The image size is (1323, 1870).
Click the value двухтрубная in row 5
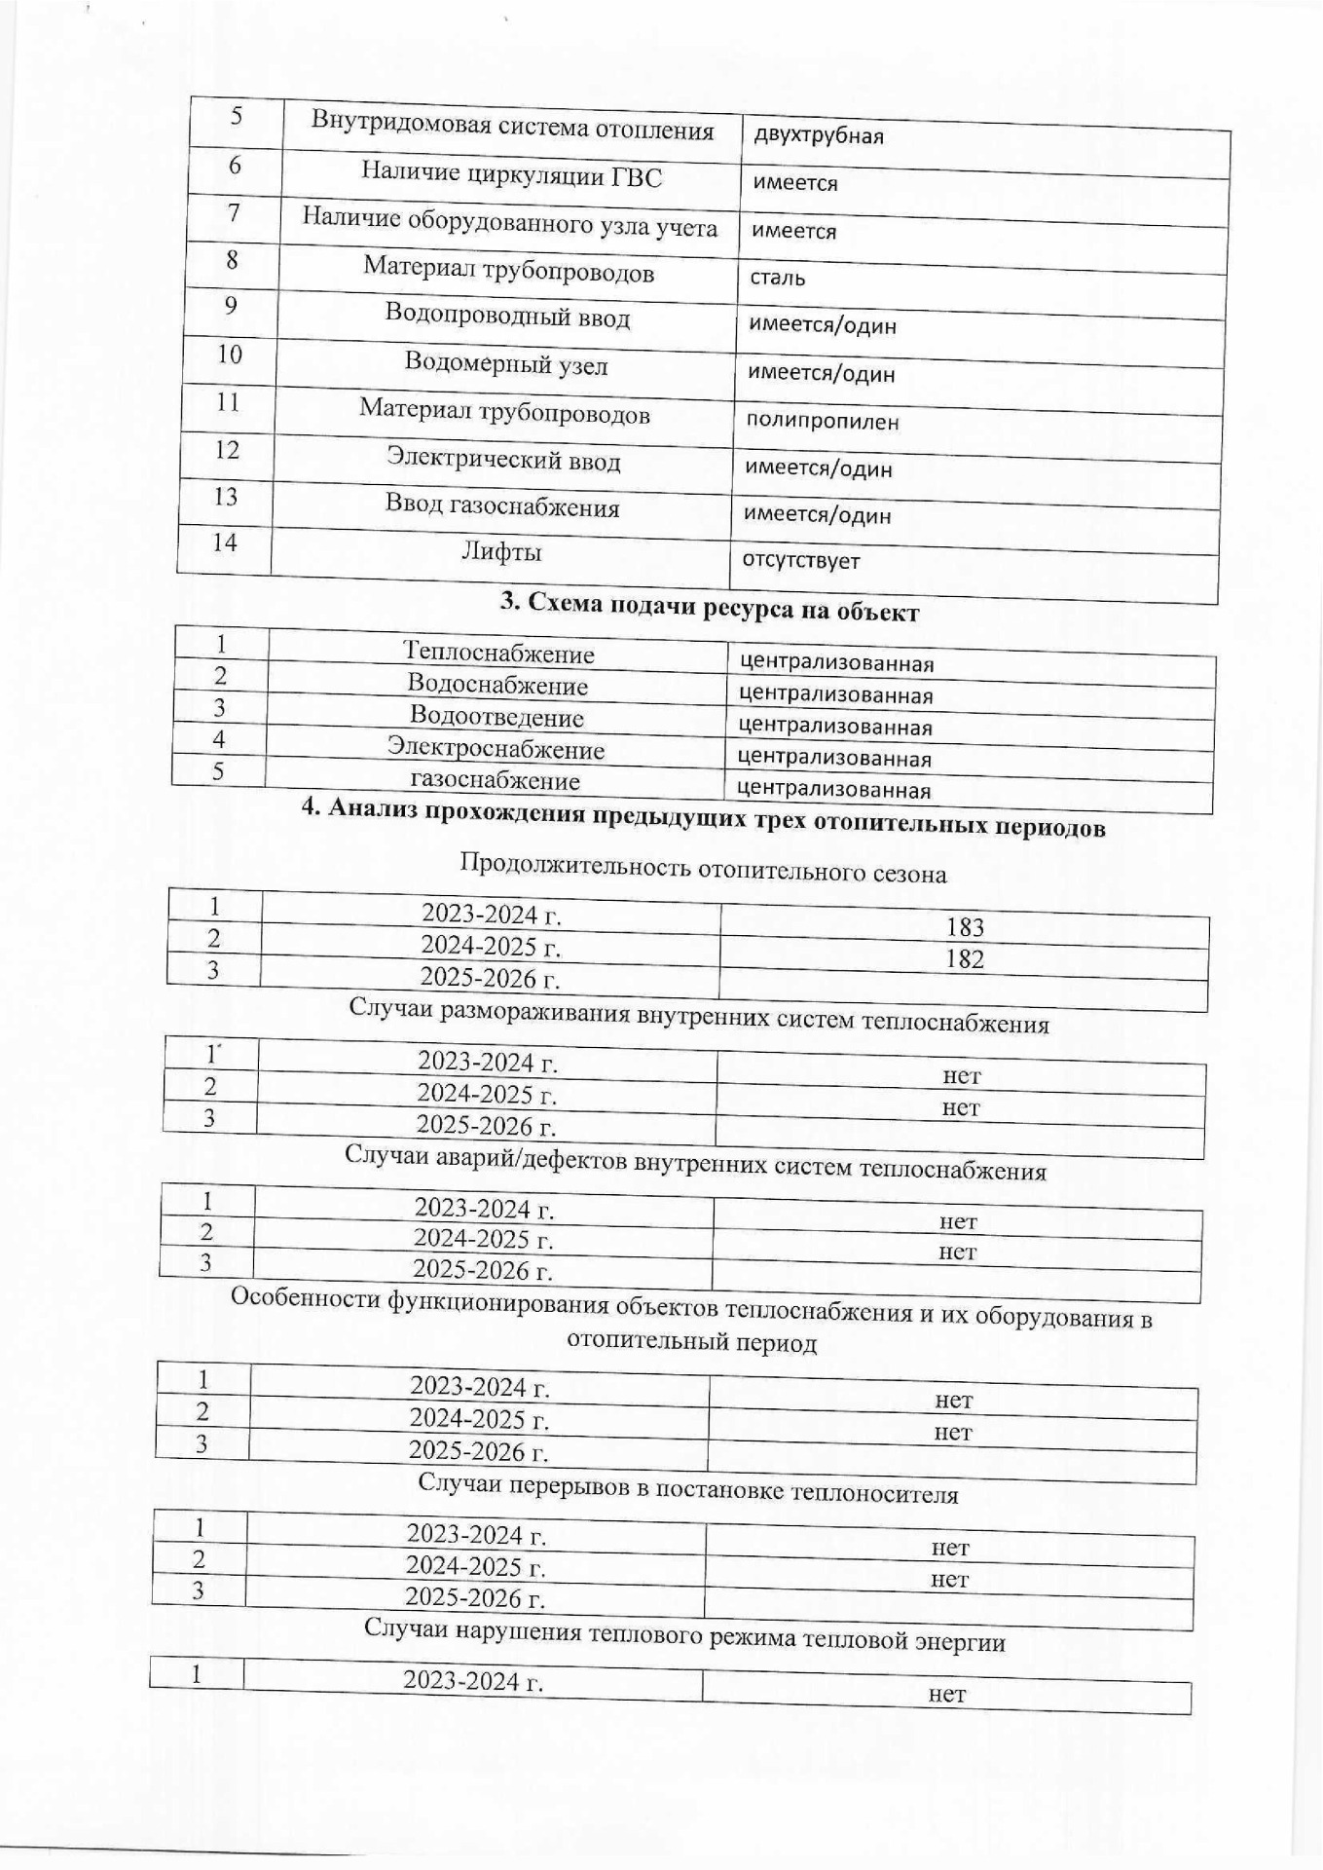(818, 135)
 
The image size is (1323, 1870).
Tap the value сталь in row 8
(777, 278)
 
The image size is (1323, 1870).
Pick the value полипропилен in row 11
(823, 422)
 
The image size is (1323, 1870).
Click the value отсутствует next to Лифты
(801, 560)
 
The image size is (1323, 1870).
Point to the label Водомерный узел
(505, 364)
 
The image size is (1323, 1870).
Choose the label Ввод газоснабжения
(501, 506)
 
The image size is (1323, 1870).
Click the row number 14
(224, 542)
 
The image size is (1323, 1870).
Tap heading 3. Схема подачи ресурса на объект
(710, 608)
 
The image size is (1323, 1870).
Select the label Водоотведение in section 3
(496, 717)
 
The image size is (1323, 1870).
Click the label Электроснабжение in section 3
(496, 748)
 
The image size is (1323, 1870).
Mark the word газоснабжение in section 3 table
(495, 779)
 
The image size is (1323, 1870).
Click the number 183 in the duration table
(964, 927)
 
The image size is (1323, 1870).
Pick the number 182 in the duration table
(964, 958)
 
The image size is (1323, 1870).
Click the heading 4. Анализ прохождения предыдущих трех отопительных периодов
(703, 824)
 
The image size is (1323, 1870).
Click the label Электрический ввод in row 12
(503, 459)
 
